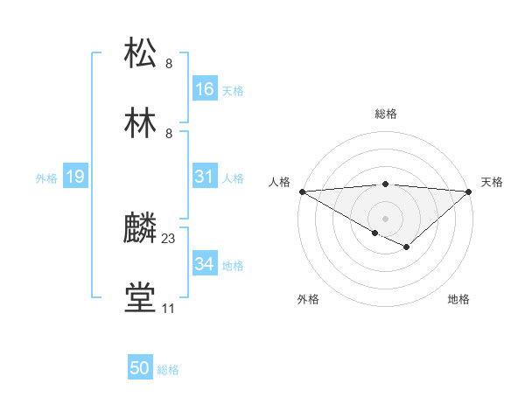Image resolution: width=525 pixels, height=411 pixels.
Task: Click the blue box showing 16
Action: [x=205, y=89]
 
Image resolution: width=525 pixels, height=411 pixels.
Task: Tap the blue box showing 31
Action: [x=205, y=177]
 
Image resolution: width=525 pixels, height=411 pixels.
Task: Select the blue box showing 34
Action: [x=205, y=264]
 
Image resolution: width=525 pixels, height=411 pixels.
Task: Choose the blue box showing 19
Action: [x=75, y=177]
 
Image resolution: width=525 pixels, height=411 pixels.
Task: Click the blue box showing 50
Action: [x=140, y=368]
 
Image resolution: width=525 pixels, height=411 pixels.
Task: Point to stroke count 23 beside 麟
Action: [x=169, y=239]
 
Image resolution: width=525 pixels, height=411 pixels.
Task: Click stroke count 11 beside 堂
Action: [x=169, y=309]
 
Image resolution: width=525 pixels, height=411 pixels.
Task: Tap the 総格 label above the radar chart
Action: [x=385, y=114]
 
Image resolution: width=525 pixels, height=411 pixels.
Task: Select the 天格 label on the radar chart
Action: [x=492, y=182]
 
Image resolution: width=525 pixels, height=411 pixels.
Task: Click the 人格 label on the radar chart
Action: [x=278, y=182]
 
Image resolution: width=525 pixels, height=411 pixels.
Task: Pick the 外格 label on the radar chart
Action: [x=308, y=299]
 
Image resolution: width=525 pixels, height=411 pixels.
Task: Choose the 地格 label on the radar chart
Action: [x=458, y=299]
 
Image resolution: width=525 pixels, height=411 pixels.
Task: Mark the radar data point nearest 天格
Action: [x=469, y=192]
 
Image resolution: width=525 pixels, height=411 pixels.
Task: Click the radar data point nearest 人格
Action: [x=301, y=192]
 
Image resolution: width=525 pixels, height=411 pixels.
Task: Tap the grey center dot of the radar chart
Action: [x=385, y=218]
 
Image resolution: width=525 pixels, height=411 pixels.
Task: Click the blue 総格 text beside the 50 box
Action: [x=168, y=370]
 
